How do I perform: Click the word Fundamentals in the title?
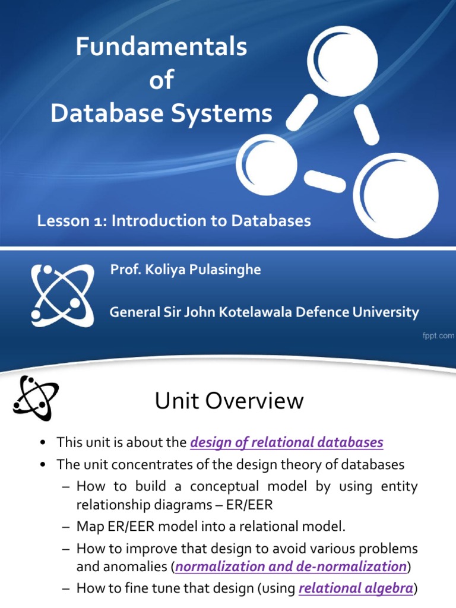click(161, 47)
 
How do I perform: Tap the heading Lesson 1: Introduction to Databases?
click(174, 221)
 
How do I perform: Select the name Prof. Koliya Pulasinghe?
click(185, 270)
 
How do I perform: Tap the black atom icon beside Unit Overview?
click(36, 398)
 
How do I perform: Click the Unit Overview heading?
click(229, 402)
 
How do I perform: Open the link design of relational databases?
click(287, 442)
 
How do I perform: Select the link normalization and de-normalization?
click(291, 567)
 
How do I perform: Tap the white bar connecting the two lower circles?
click(324, 180)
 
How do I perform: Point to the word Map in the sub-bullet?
click(90, 526)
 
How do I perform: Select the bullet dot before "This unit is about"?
click(43, 443)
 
